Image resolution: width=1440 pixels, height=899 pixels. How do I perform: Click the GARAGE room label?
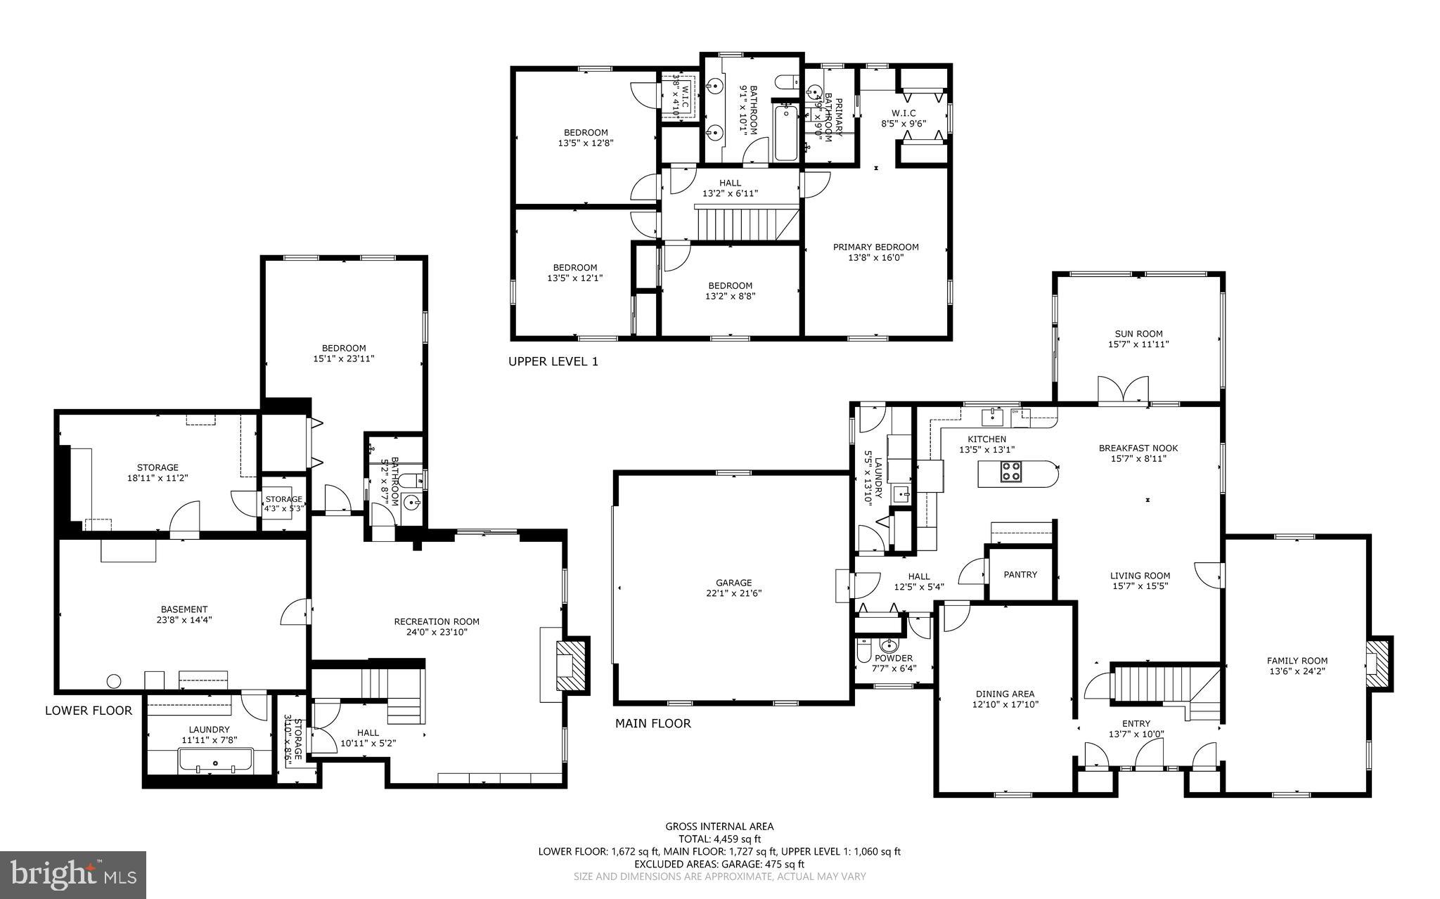point(734,583)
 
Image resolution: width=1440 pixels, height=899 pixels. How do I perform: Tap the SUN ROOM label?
point(1138,334)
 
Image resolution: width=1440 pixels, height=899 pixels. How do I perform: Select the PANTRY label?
point(1020,574)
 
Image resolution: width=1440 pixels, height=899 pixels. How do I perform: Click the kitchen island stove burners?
point(1011,472)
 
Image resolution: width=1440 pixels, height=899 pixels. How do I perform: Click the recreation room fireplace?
point(571,666)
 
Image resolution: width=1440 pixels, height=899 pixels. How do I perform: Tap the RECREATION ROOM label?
point(437,621)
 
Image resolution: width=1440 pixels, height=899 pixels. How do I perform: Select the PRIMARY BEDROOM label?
point(875,247)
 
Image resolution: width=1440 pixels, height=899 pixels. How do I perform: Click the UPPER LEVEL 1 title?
point(553,361)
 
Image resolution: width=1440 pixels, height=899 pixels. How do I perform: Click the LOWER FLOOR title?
point(89,711)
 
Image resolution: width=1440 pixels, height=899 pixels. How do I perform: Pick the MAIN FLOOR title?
point(653,723)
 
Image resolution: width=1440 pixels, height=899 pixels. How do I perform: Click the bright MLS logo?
point(73,874)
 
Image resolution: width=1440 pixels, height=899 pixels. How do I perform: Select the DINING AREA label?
point(1005,694)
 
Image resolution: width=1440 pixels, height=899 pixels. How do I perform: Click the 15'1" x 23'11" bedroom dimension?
point(344,358)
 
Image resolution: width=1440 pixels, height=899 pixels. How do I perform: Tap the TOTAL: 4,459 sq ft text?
point(719,839)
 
